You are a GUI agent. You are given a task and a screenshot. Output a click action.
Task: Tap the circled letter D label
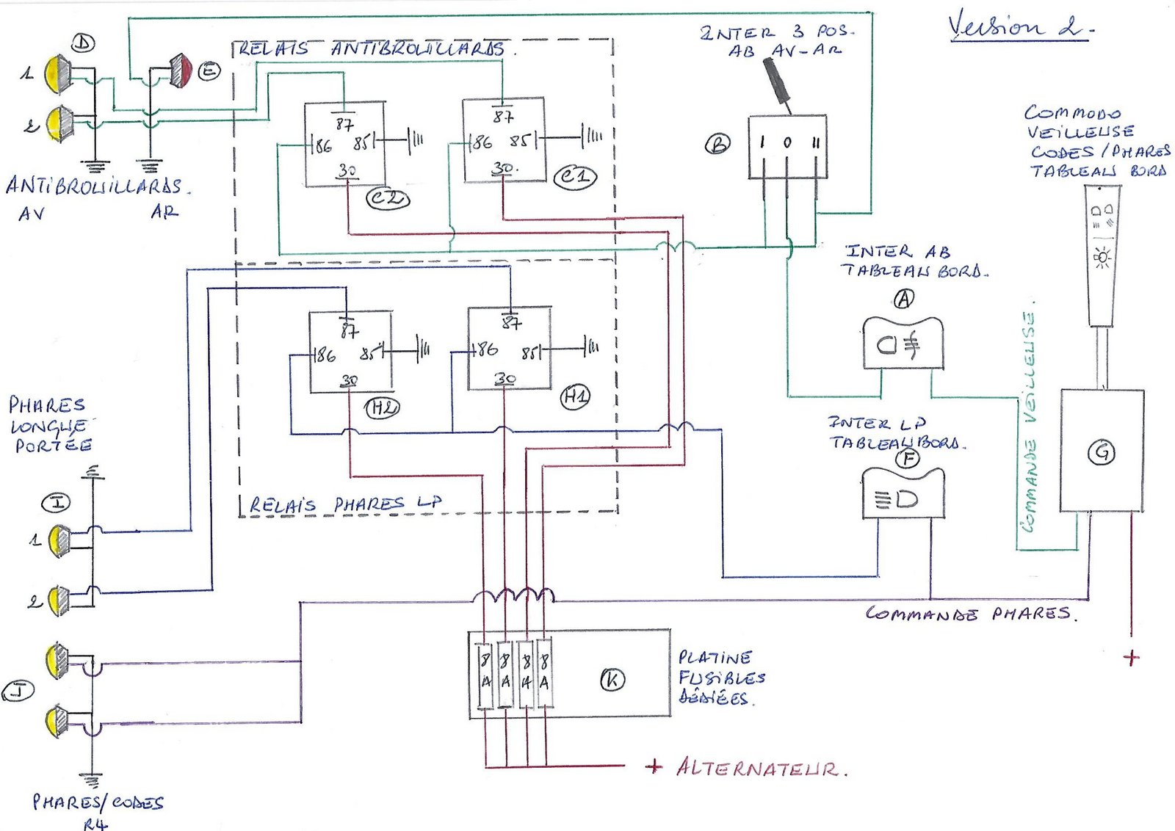tap(83, 43)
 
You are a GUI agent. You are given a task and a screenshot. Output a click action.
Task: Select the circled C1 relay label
tap(574, 177)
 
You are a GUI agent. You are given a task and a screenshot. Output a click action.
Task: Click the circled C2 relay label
tap(388, 198)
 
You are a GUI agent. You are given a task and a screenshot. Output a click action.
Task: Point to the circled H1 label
tap(575, 397)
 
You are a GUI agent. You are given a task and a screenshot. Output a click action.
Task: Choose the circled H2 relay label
tap(382, 407)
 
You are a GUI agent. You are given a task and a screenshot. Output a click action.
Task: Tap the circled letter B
tap(717, 145)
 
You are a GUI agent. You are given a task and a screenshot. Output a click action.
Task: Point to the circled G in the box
tap(1101, 452)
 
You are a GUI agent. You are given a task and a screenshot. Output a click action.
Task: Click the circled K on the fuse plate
tap(612, 680)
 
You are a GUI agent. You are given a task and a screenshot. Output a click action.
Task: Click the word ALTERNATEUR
tap(760, 768)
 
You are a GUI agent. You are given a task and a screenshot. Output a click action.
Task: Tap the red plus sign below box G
tap(1131, 657)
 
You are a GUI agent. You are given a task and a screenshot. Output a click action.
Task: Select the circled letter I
tap(57, 502)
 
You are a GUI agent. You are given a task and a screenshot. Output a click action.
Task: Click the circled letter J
tap(18, 691)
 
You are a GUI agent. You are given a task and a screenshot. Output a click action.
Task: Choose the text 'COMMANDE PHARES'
tap(969, 614)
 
